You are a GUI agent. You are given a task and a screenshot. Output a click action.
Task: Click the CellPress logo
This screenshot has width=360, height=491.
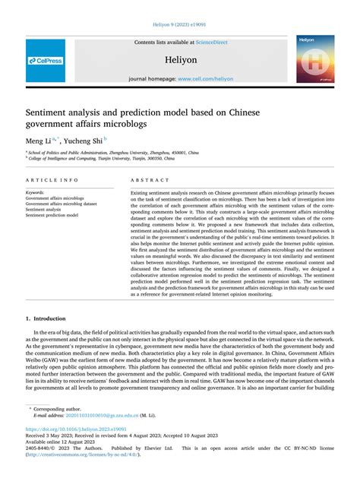pos(46,60)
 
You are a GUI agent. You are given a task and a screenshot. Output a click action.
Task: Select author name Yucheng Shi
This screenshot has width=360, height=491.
pos(81,140)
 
